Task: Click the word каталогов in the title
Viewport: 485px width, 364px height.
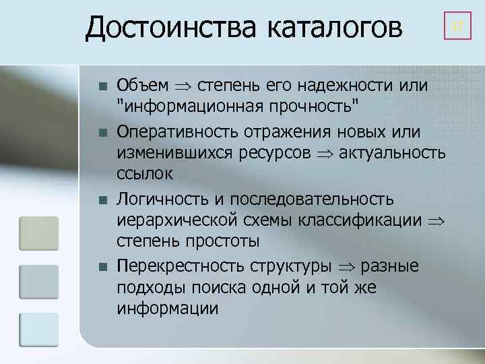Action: (x=334, y=28)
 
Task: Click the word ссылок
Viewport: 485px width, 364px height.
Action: (x=145, y=174)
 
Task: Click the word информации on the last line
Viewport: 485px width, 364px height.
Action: (x=168, y=308)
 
